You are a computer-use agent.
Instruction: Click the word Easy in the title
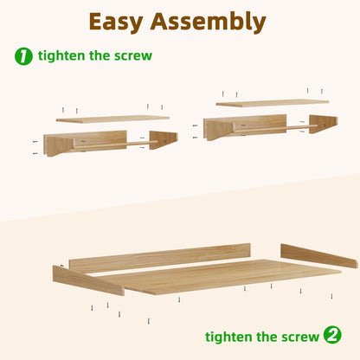pos(116,22)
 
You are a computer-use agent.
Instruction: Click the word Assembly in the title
pos(208,22)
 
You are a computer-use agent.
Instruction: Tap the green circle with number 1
pos(23,56)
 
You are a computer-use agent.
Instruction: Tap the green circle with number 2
pos(332,335)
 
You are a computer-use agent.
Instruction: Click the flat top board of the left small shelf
pos(112,119)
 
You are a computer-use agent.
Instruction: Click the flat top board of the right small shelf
pos(273,103)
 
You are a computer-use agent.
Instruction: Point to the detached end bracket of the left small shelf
pos(164,139)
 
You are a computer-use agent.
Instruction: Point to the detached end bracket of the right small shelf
pos(324,123)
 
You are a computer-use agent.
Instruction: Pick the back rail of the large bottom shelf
pos(160,257)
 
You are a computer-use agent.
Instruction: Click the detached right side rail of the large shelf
pos(319,255)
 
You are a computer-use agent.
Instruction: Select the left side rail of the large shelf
pos(88,280)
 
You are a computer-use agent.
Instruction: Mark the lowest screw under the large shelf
pos(149,321)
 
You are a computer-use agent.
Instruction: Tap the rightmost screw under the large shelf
pos(331,296)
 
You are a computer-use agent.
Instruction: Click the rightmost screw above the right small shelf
pos(322,91)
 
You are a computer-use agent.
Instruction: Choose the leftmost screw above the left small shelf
pos(63,110)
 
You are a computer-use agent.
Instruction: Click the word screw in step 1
pos(133,56)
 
